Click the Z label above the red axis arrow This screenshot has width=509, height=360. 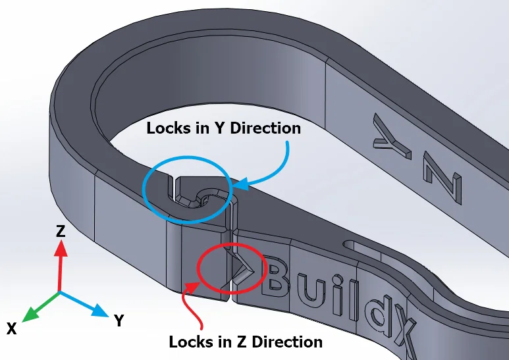click(x=60, y=230)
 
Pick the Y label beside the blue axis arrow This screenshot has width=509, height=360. click(x=119, y=321)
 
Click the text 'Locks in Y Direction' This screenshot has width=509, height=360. click(x=223, y=128)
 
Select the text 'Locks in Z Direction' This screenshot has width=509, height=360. click(x=246, y=342)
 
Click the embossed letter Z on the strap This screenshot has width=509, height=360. click(x=442, y=178)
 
